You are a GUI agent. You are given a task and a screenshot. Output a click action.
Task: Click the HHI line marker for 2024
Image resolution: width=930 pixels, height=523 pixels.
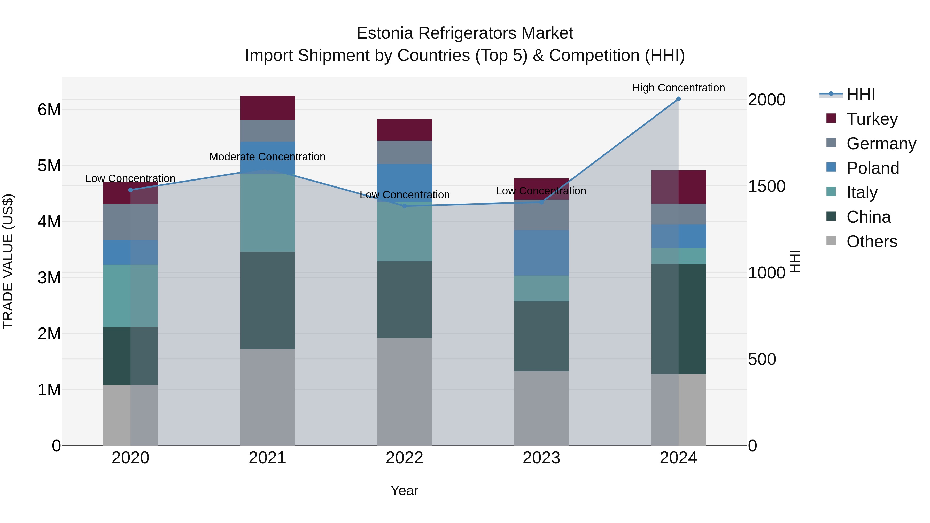click(x=678, y=99)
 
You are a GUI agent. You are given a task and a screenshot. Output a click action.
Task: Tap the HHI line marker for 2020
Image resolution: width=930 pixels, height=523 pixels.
click(x=131, y=190)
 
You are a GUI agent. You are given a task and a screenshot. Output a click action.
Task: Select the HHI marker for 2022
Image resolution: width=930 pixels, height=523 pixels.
click(x=404, y=206)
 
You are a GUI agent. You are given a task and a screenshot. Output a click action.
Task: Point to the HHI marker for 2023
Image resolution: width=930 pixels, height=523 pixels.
click(x=541, y=202)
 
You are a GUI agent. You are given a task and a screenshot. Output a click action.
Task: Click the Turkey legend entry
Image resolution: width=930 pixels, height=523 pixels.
click(x=872, y=119)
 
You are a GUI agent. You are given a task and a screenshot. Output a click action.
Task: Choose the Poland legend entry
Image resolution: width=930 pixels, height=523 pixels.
click(x=873, y=168)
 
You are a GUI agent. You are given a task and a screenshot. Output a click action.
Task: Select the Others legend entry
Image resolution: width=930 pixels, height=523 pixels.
click(x=872, y=241)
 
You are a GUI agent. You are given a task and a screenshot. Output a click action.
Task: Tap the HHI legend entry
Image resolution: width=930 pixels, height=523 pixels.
click(x=861, y=95)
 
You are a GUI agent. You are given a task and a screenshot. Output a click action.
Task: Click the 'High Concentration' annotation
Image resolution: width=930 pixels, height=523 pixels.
click(x=678, y=88)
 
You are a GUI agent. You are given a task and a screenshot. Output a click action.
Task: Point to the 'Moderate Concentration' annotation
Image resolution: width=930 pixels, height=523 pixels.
click(x=267, y=157)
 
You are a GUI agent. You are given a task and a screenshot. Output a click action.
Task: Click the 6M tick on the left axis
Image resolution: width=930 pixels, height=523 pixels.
click(x=49, y=109)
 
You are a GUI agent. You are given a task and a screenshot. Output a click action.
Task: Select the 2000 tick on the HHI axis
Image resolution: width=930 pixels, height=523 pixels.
click(x=766, y=100)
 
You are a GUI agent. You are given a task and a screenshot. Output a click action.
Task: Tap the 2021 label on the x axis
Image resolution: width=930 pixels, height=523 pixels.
click(x=267, y=458)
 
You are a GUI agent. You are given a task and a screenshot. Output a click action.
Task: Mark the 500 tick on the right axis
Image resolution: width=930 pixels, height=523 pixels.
click(x=762, y=359)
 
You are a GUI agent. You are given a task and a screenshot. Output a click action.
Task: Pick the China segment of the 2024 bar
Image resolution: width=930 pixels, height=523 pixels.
click(x=678, y=319)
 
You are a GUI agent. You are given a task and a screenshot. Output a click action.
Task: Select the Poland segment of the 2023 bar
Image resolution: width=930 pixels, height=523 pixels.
click(x=541, y=253)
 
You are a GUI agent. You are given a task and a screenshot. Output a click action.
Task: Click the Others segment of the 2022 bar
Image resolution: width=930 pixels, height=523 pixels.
click(x=404, y=392)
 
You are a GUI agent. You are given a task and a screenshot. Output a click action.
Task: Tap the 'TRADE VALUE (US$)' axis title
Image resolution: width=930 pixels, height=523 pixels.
click(x=8, y=261)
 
